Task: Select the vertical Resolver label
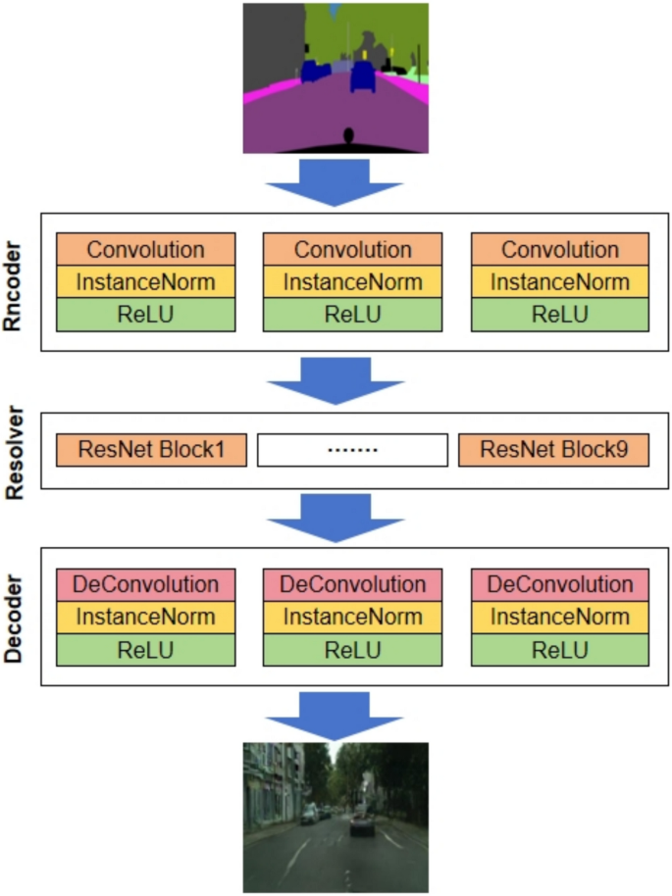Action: [x=16, y=452]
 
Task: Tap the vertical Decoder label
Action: [x=16, y=618]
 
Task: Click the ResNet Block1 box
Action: [x=152, y=450]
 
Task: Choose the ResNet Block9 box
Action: [x=553, y=450]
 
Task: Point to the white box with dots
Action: [x=352, y=450]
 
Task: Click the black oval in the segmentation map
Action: [x=347, y=134]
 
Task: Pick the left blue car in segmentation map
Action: [x=314, y=71]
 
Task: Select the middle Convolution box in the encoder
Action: [x=353, y=250]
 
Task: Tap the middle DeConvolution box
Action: [x=353, y=585]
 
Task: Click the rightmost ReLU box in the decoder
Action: [x=560, y=650]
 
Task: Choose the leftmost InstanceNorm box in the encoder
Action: [x=146, y=282]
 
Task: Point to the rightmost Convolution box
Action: [x=560, y=250]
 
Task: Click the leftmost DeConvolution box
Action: [x=146, y=585]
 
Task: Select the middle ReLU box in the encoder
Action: [x=353, y=315]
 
